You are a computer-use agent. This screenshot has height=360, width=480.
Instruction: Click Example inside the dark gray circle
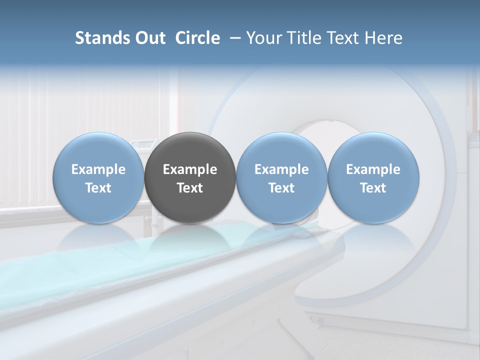(x=190, y=169)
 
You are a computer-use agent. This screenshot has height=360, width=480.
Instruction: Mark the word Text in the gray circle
(x=190, y=188)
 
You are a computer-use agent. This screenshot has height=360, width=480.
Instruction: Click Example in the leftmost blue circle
(x=98, y=169)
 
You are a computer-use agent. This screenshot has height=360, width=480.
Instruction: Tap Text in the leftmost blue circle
(x=98, y=188)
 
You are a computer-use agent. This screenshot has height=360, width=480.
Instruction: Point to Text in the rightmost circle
(x=373, y=188)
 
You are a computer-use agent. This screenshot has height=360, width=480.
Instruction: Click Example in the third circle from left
(x=281, y=169)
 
